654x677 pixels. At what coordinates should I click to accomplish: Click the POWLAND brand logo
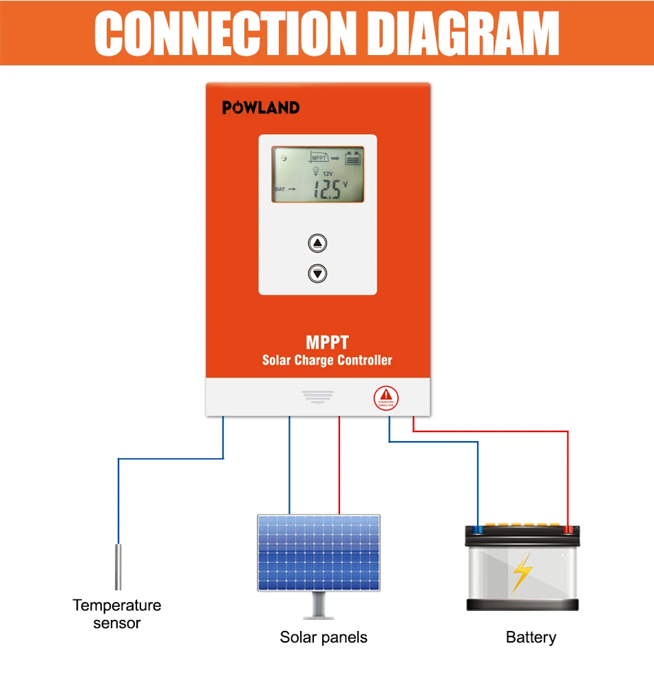tap(260, 107)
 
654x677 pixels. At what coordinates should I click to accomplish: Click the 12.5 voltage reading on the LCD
tap(327, 189)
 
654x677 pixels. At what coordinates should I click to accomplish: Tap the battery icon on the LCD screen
tap(352, 158)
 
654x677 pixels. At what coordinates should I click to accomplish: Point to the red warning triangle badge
tap(385, 398)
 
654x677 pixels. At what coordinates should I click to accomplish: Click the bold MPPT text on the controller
tap(327, 342)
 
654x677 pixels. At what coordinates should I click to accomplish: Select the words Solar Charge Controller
tap(327, 360)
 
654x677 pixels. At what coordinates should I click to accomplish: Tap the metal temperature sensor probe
tap(118, 566)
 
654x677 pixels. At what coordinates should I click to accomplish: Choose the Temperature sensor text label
tap(117, 614)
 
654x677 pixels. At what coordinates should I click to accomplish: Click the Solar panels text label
tap(324, 637)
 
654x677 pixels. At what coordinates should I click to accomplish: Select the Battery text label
tap(531, 637)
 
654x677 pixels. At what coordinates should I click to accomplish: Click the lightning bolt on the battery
tap(523, 573)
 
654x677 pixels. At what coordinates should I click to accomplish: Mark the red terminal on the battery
tap(568, 530)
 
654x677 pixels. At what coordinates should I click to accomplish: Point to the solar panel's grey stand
tap(318, 605)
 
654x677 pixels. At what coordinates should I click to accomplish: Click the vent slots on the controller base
tap(317, 397)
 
